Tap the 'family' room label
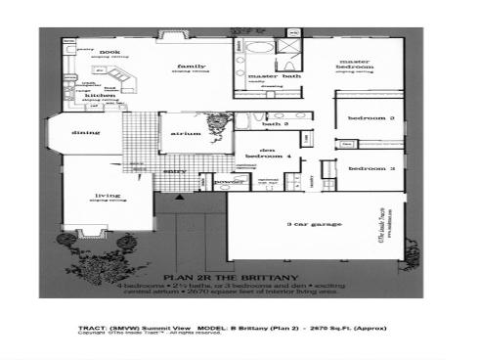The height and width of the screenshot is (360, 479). point(189,66)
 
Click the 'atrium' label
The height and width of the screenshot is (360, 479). point(181,132)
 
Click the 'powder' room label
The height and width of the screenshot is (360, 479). point(228,182)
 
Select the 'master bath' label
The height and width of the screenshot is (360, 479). point(264,75)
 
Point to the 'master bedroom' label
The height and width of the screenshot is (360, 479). point(354,65)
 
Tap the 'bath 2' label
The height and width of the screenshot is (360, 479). point(276,124)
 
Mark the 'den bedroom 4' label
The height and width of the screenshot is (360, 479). point(264,153)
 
